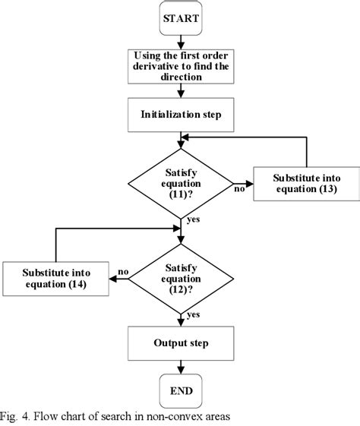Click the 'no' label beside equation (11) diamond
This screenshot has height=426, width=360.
pyautogui.click(x=239, y=188)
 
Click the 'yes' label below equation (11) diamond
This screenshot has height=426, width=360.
pyautogui.click(x=194, y=220)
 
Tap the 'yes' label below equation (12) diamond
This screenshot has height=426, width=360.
pyautogui.click(x=194, y=314)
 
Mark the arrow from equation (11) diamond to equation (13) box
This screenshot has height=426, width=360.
pyautogui.click(x=242, y=182)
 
